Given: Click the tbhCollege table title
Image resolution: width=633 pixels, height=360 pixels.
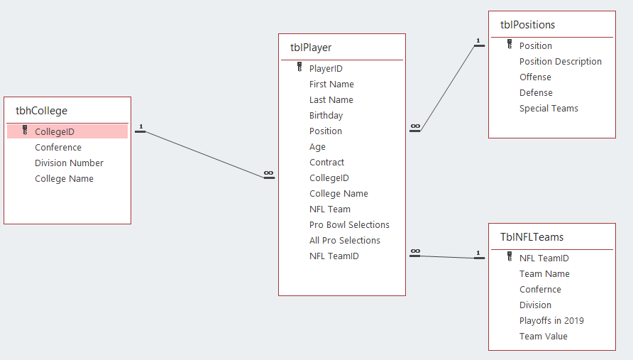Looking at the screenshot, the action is pos(41,111).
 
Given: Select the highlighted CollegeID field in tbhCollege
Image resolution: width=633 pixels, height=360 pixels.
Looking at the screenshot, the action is pos(55,132).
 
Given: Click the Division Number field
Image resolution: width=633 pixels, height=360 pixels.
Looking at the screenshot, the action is pos(69,163).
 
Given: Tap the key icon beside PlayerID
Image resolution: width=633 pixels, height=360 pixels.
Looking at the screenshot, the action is pos(299,67).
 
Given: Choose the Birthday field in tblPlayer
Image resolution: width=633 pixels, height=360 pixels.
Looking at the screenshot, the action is pos(326,116).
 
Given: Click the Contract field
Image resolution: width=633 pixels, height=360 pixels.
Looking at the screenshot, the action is pos(326,163).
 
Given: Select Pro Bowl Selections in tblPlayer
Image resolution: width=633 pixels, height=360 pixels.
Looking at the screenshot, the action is pos(349,224).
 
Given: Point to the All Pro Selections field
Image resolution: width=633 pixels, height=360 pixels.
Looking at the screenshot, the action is pos(345,241).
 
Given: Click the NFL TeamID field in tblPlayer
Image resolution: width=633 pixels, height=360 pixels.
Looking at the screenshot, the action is pos(334,256).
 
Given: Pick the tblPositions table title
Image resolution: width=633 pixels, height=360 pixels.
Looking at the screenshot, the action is pos(528,25).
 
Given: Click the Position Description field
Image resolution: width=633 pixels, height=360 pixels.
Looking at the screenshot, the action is pos(561,61).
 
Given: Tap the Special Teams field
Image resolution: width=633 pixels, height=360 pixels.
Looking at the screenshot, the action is pos(549,108).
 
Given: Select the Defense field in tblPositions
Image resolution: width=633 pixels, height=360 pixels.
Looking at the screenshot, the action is pos(536,93).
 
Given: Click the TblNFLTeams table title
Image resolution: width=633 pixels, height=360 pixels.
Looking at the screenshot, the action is pos(532,237).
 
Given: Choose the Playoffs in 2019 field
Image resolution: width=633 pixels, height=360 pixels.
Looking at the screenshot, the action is pos(551,321).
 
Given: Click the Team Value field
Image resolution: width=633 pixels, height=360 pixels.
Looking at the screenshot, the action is pos(544,336).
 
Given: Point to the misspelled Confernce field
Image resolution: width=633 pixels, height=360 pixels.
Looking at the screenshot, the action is pos(540,289).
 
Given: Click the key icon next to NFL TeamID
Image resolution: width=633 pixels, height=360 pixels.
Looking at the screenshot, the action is pos(510,256).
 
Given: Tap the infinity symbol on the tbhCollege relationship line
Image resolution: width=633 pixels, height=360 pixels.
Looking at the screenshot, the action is pos(269,173).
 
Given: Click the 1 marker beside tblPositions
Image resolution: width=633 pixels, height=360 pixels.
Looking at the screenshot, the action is pos(478,40).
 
